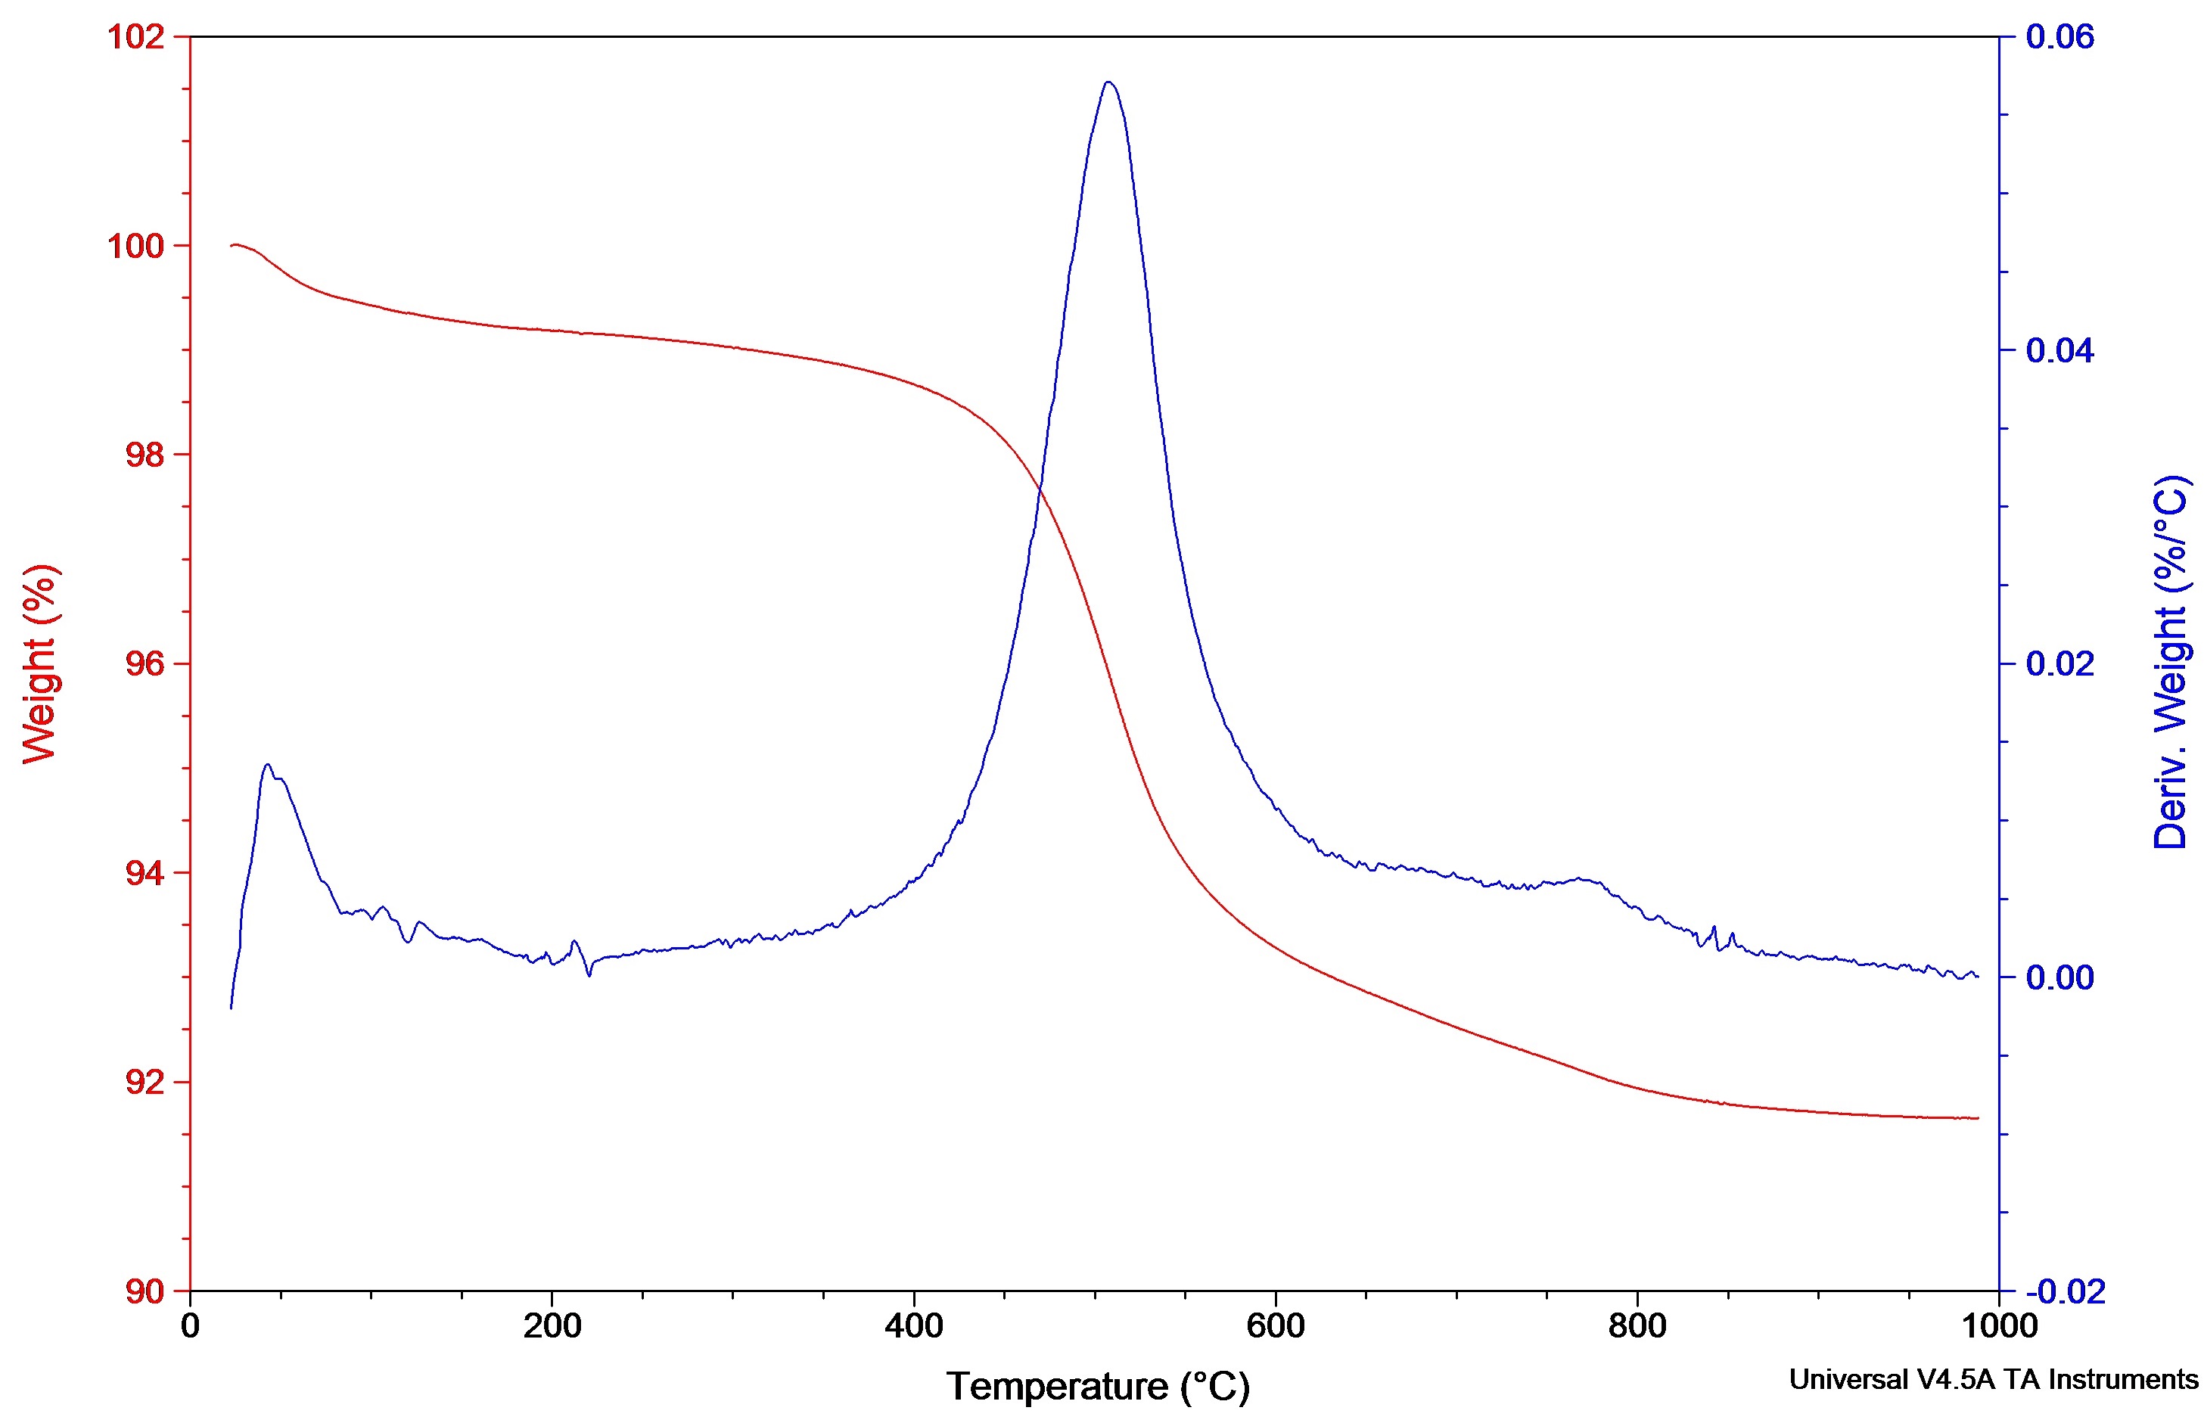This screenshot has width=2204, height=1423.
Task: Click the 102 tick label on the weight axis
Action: point(136,38)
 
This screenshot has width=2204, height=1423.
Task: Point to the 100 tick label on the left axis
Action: point(136,247)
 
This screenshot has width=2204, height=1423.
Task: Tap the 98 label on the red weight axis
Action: point(145,455)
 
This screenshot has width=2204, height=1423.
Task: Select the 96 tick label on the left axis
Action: point(145,664)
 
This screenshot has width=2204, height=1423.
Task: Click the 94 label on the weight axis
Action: point(145,873)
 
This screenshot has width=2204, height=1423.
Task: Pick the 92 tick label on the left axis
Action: point(145,1082)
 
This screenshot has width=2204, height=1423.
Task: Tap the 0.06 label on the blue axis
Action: point(2059,38)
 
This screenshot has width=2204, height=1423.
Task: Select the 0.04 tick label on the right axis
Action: point(2059,351)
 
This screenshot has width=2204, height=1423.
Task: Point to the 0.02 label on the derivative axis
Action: point(2059,663)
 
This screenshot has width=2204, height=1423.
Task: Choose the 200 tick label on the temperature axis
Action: point(552,1327)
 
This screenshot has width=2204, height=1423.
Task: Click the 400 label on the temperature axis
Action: point(913,1327)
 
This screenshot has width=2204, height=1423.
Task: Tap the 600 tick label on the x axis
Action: point(1276,1327)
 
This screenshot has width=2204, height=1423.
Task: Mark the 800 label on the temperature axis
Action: point(1637,1327)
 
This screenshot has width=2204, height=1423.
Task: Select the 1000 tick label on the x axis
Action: point(1999,1327)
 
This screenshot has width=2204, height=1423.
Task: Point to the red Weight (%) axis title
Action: point(41,663)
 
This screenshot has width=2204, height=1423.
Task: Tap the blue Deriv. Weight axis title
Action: point(2170,663)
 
